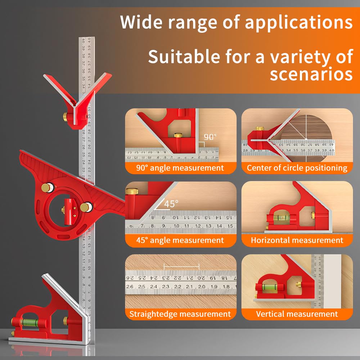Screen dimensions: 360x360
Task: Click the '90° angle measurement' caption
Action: (x=180, y=168)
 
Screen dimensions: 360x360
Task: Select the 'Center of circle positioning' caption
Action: (x=297, y=168)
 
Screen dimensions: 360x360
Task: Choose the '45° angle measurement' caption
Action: (x=180, y=240)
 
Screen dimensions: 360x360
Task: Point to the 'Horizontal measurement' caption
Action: (x=297, y=240)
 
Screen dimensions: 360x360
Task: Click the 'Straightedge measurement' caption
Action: (x=180, y=314)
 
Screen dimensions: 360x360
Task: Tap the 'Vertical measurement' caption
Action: (x=297, y=314)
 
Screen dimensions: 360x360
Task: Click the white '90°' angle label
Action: (x=211, y=137)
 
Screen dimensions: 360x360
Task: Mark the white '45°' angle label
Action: (x=171, y=204)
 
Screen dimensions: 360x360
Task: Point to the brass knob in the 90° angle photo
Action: (x=178, y=136)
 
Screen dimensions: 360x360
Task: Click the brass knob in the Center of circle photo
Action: (x=259, y=129)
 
